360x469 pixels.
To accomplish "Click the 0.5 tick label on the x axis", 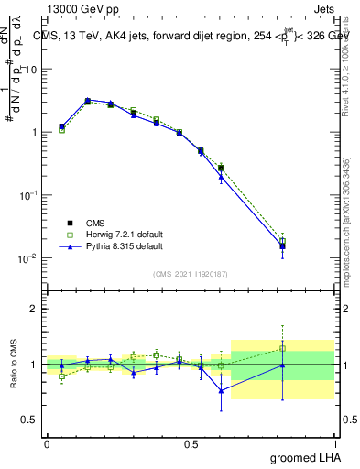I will coord(191,442).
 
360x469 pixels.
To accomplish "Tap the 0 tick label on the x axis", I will coord(47,442).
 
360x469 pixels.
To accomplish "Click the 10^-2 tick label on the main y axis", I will coord(27,259).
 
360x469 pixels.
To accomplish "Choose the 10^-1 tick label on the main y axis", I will coord(27,196).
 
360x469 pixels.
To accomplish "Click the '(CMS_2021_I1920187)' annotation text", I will coord(191,272).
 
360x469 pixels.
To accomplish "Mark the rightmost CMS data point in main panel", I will coord(283,245).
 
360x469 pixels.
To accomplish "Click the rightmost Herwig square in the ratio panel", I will coord(283,348).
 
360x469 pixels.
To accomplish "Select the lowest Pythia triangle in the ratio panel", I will coord(221,391).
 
